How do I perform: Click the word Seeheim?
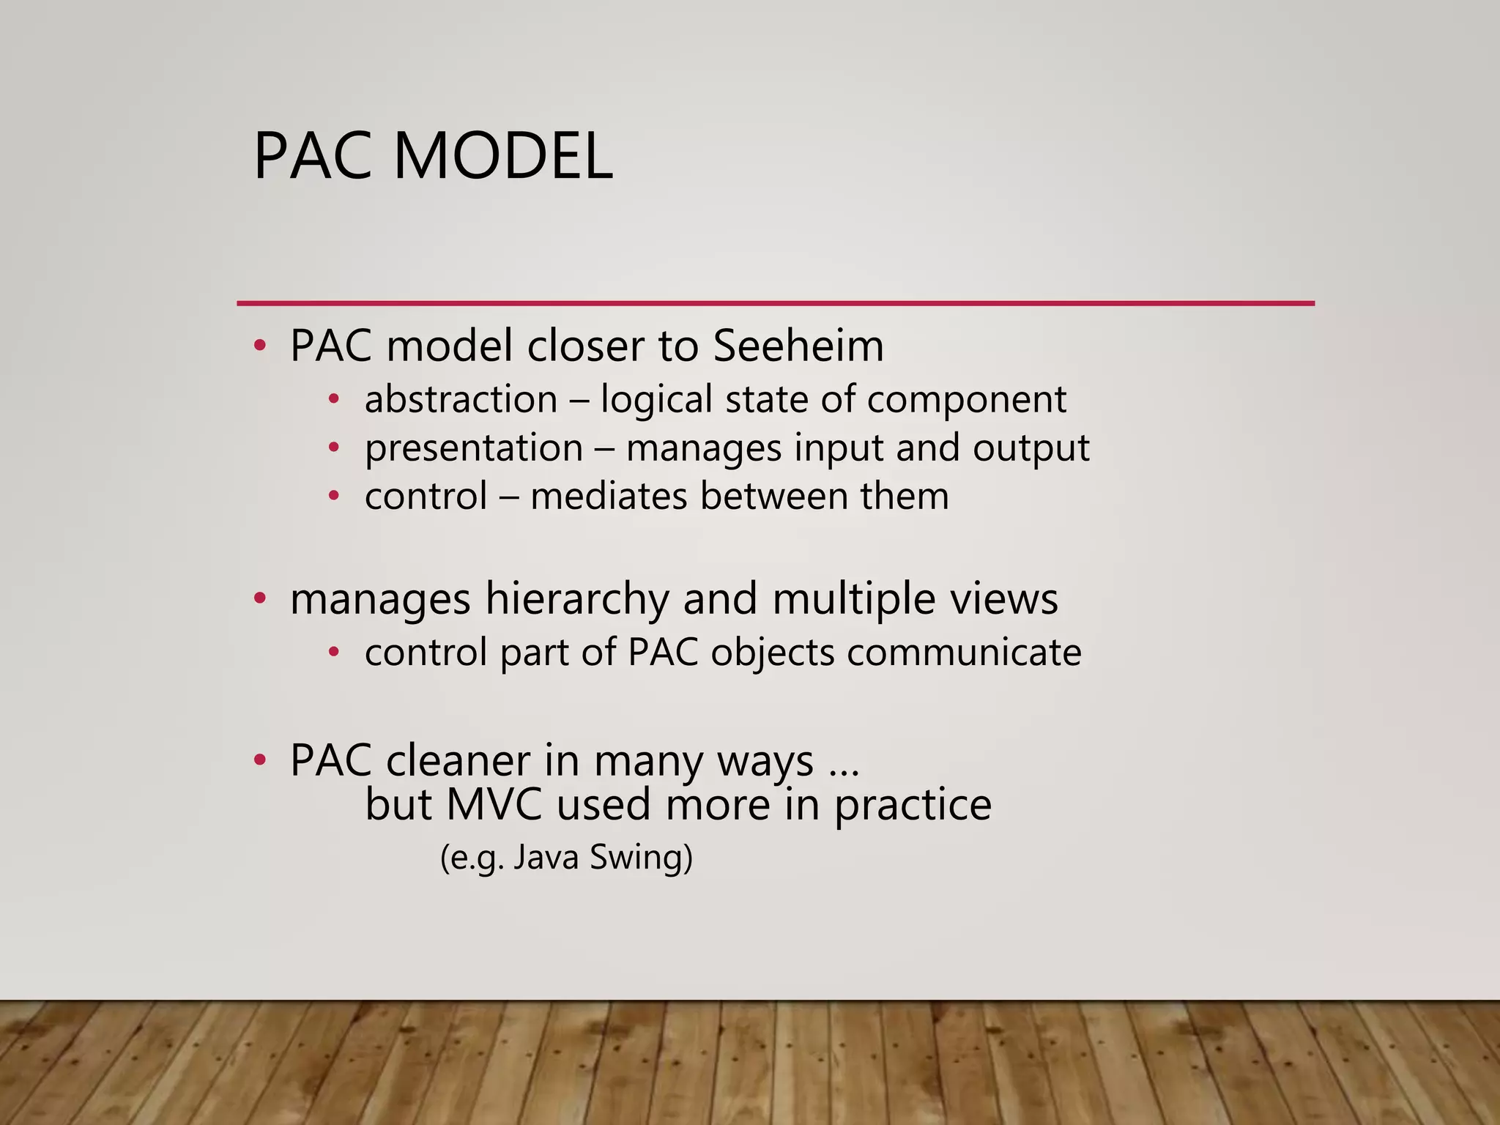(x=798, y=346)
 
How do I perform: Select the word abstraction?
(x=461, y=400)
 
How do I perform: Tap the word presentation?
(x=474, y=448)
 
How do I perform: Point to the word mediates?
(x=609, y=496)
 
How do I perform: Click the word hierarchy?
(x=577, y=599)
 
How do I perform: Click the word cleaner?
(x=458, y=760)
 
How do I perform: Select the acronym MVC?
(x=494, y=804)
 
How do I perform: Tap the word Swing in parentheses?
(x=641, y=858)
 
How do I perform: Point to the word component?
(x=966, y=400)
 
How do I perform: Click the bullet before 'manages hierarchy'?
(x=259, y=599)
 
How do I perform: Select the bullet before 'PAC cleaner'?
(x=259, y=760)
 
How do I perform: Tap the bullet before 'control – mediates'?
(x=334, y=496)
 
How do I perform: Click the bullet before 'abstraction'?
(x=334, y=400)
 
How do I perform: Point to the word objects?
(x=772, y=652)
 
